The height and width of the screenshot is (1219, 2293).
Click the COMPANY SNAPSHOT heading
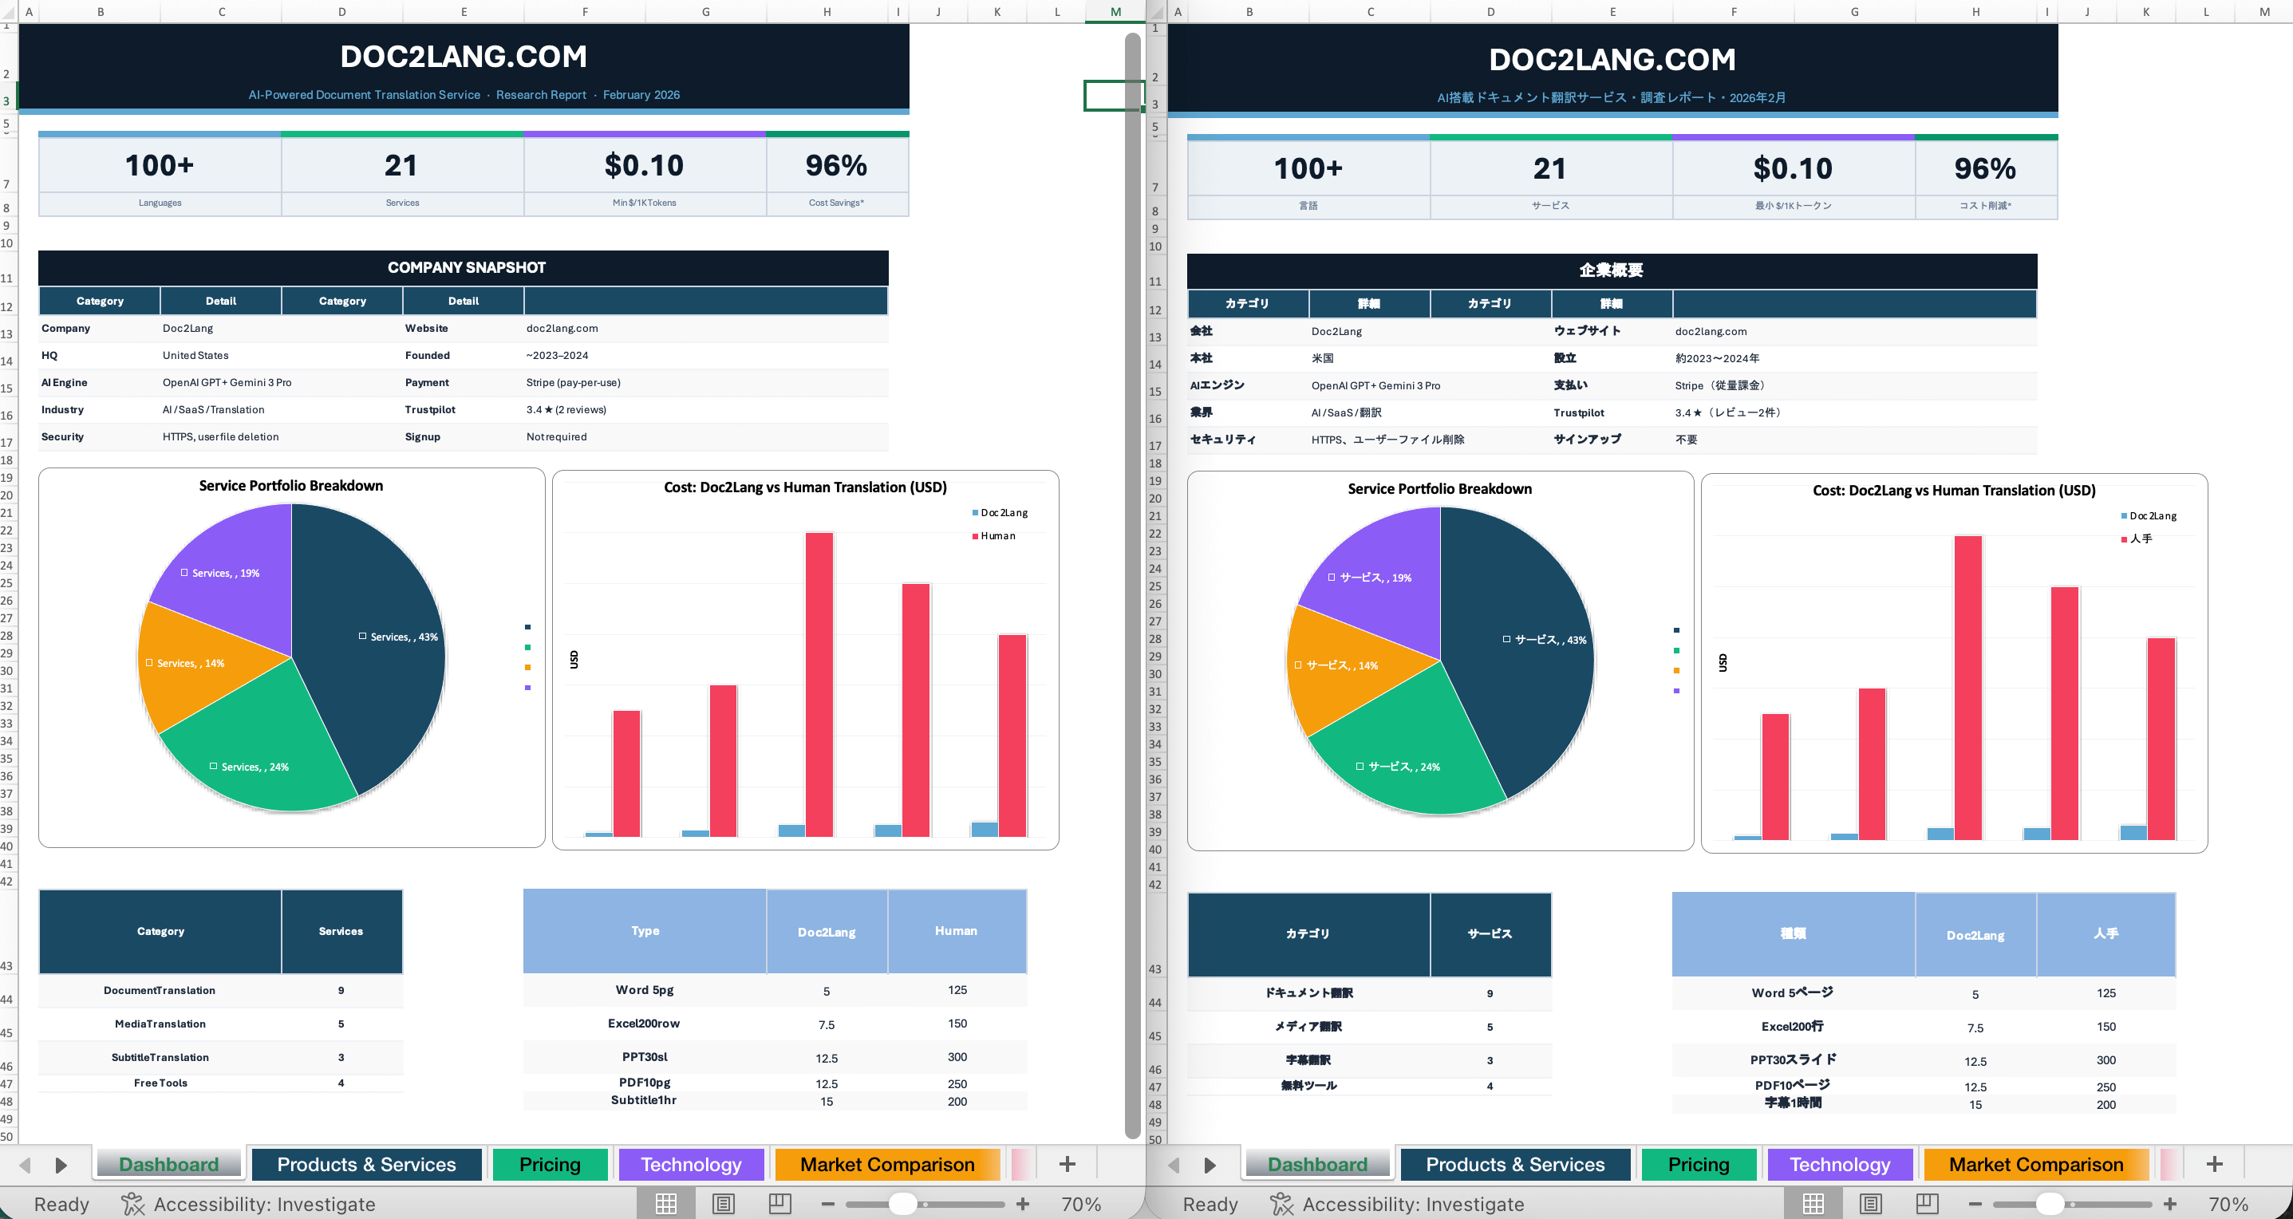pyautogui.click(x=466, y=268)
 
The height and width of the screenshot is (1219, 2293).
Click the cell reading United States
pyautogui.click(x=195, y=356)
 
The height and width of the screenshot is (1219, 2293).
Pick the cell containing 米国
pyautogui.click(x=1322, y=358)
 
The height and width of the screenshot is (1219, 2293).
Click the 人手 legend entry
pyautogui.click(x=2140, y=539)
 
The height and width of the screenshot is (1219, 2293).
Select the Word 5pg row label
pyautogui.click(x=644, y=990)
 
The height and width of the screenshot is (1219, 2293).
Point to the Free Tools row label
pyautogui.click(x=160, y=1083)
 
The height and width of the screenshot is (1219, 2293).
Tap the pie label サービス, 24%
pyautogui.click(x=1403, y=767)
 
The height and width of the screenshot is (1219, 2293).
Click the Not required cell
pyautogui.click(x=556, y=437)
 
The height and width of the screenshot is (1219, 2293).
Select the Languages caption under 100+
pyautogui.click(x=160, y=203)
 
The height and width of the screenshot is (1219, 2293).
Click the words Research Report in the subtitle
pyautogui.click(x=541, y=95)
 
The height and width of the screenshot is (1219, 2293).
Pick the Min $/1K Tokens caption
pyautogui.click(x=644, y=203)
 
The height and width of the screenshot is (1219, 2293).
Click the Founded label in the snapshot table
pyautogui.click(x=428, y=356)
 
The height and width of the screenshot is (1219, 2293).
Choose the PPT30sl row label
pyautogui.click(x=644, y=1057)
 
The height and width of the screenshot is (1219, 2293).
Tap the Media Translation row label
pyautogui.click(x=160, y=1024)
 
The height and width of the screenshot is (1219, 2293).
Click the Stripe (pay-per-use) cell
pyautogui.click(x=573, y=383)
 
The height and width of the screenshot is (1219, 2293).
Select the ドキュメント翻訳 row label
pyautogui.click(x=1308, y=993)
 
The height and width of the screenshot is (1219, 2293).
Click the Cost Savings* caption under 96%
pyautogui.click(x=836, y=203)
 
